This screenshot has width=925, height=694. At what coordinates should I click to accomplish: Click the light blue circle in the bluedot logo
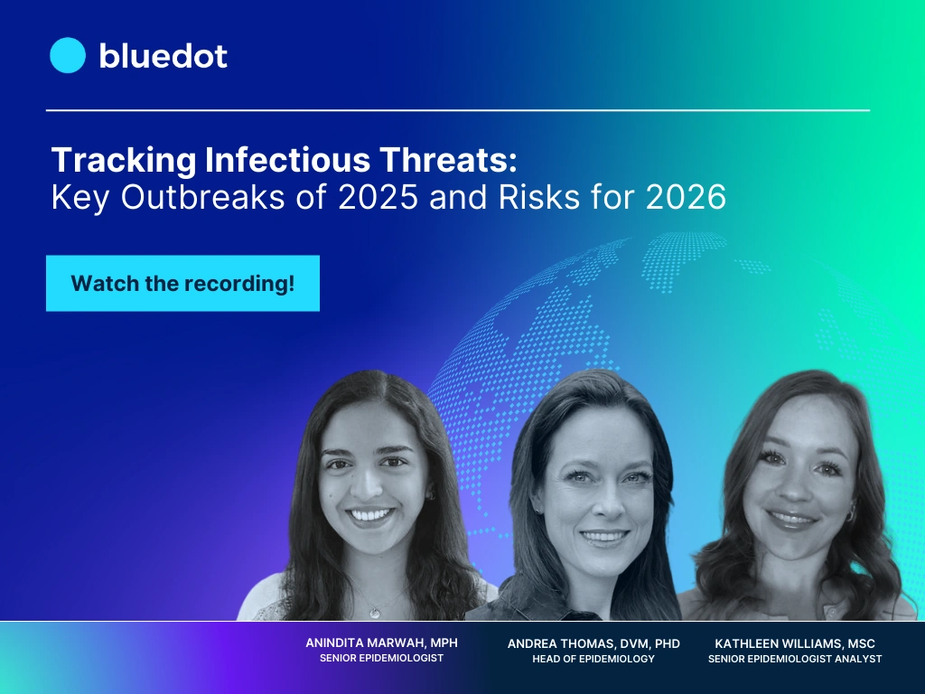pos(67,55)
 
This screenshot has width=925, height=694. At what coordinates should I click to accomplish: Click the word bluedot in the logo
pos(163,56)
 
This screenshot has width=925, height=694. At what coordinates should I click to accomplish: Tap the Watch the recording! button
pos(182,283)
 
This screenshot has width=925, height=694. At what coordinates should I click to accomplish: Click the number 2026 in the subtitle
pos(686,198)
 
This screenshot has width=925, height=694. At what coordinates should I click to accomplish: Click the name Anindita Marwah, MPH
pos(381,642)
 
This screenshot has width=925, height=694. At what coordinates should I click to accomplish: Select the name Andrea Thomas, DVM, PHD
pos(593,643)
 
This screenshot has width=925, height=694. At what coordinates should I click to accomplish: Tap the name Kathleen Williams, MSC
pos(795,643)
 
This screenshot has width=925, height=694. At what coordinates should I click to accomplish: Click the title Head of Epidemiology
pos(593,659)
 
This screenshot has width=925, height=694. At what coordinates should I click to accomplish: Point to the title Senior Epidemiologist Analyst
pos(795,659)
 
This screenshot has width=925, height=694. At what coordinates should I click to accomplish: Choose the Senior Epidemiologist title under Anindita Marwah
pos(381,658)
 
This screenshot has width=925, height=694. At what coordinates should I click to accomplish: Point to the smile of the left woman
pos(370,518)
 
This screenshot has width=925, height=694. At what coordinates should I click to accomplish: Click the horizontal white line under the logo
pos(458,110)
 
